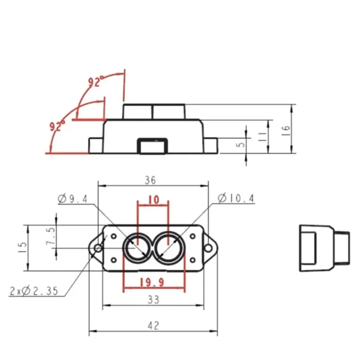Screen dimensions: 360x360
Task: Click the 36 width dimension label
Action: coord(150,180)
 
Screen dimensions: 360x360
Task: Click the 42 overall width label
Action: coord(153,326)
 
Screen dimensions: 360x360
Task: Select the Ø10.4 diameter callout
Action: coord(236,198)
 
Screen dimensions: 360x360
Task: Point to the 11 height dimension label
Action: coord(262,136)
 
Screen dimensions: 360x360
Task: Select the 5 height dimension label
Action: coord(240,145)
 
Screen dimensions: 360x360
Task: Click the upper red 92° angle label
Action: coord(96,82)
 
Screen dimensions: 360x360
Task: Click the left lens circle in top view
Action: coord(137,247)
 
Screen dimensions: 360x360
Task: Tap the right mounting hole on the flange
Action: coord(208,248)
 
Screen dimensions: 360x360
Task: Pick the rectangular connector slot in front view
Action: coord(153,146)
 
